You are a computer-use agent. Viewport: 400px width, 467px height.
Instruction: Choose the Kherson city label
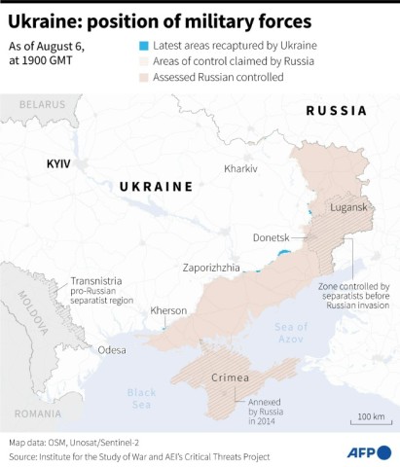point(168,311)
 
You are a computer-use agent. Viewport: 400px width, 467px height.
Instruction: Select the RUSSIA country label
point(337,112)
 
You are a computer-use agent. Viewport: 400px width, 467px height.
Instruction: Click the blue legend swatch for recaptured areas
point(144,46)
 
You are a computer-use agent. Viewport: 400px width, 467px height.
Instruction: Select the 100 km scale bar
point(371,422)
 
